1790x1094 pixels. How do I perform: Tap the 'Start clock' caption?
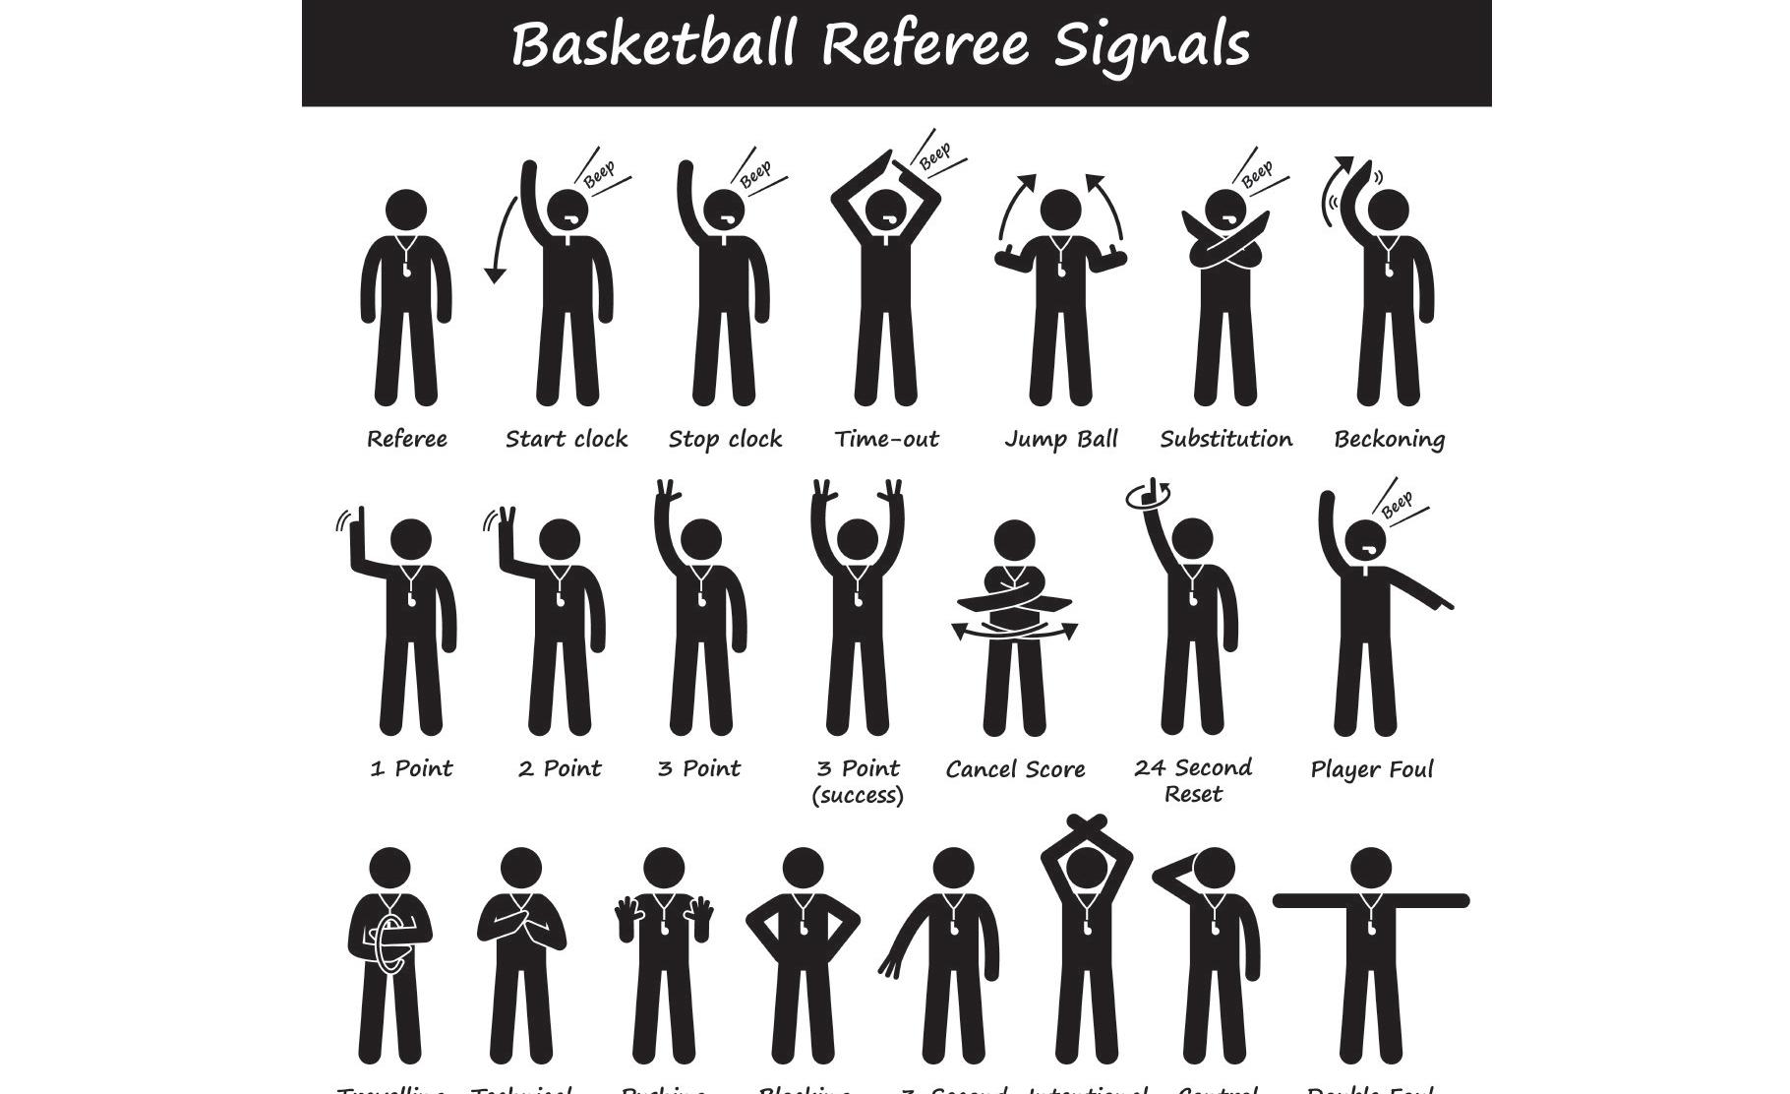coord(567,439)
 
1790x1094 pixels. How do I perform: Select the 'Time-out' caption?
coord(886,439)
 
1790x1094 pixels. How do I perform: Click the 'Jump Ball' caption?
coord(1061,439)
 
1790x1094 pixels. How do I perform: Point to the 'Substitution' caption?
coord(1225,439)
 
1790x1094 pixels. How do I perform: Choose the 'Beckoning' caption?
coord(1389,439)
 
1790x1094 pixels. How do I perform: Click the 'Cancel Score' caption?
coord(1015,769)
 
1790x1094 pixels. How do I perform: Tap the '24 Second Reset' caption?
coord(1193,780)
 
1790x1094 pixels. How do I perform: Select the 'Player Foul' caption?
coord(1372,769)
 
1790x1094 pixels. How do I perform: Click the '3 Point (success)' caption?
coord(858,781)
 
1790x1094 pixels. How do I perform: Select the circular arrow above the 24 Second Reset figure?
coord(1149,493)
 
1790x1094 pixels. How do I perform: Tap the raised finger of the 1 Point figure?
coord(360,521)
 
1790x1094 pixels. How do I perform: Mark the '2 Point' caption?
coord(560,768)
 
